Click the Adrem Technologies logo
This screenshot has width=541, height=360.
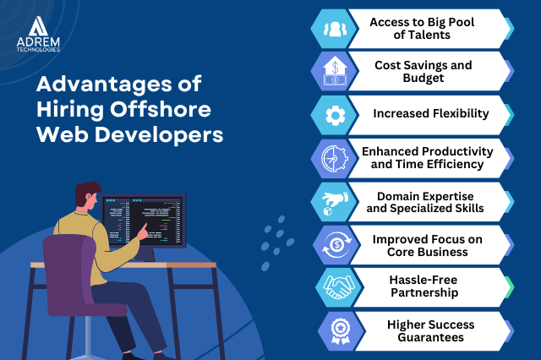tap(38, 34)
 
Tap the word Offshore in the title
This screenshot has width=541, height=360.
tap(161, 109)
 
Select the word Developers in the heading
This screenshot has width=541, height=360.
tap(159, 134)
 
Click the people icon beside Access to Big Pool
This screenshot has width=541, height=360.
tap(335, 29)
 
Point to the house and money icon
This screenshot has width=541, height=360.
tap(335, 72)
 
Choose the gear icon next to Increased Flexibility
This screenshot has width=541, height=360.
tap(335, 115)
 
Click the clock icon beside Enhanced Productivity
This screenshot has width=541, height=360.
tap(335, 158)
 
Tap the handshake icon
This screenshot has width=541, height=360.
tap(339, 287)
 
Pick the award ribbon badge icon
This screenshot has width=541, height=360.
tap(341, 331)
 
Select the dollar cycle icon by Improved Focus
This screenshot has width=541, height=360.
tap(336, 245)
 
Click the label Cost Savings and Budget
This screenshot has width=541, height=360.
tap(424, 71)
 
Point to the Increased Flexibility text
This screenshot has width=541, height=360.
tap(431, 113)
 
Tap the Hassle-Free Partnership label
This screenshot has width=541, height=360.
tap(424, 286)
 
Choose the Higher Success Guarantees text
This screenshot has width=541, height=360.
tap(430, 331)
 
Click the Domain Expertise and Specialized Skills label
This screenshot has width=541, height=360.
tap(425, 202)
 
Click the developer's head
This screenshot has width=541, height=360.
tap(88, 195)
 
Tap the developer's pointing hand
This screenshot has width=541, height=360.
tap(143, 232)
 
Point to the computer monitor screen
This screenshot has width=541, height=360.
tap(143, 221)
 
